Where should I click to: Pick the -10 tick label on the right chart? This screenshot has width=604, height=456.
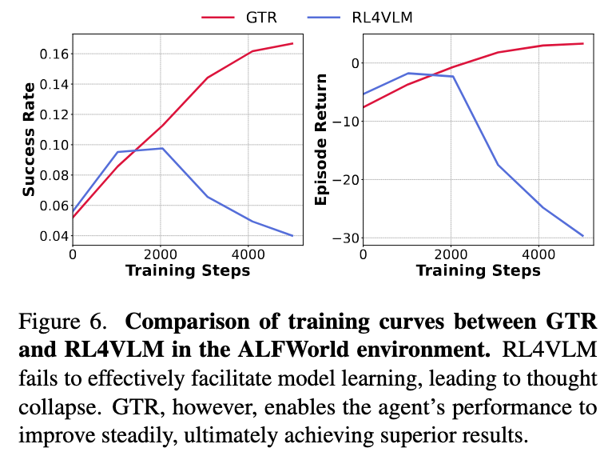pyautogui.click(x=345, y=122)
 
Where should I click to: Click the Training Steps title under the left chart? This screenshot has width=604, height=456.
pyautogui.click(x=187, y=270)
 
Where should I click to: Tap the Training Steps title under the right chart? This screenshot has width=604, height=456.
pyautogui.click(x=478, y=270)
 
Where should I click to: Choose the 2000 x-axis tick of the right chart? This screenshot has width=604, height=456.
pyautogui.click(x=452, y=254)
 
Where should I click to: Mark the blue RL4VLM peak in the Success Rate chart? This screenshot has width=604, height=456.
pyautogui.click(x=162, y=148)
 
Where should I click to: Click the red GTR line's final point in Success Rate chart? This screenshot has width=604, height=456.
pyautogui.click(x=292, y=43)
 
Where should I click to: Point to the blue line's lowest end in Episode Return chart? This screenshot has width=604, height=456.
pyautogui.click(x=583, y=236)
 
